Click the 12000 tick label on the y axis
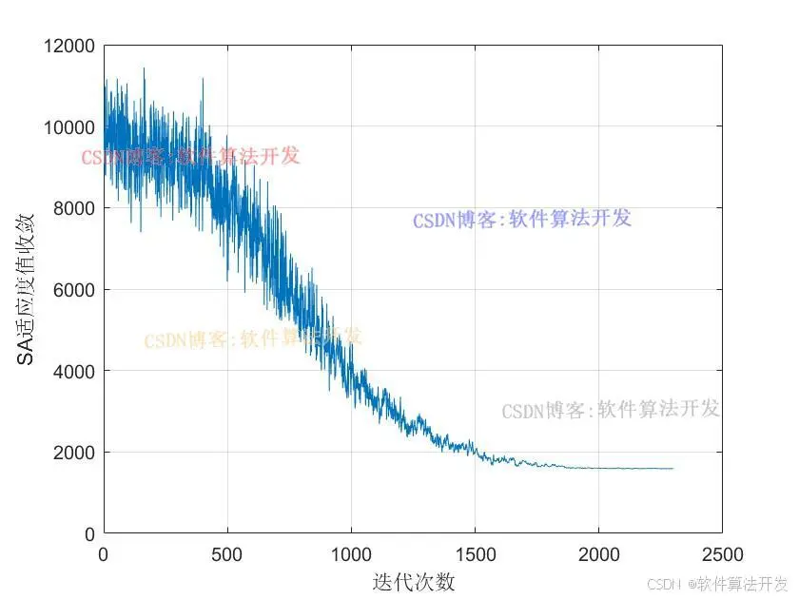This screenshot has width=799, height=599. pyautogui.click(x=69, y=46)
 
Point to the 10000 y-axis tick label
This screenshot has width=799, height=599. pyautogui.click(x=69, y=127)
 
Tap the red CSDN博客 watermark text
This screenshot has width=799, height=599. pyautogui.click(x=190, y=156)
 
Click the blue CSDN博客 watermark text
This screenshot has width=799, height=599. pyautogui.click(x=522, y=220)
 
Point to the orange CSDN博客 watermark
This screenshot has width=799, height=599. pyautogui.click(x=253, y=338)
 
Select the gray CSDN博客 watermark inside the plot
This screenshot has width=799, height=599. pyautogui.click(x=611, y=411)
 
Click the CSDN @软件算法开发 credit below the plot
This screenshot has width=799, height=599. pyautogui.click(x=717, y=583)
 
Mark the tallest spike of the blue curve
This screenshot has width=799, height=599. pyautogui.click(x=144, y=69)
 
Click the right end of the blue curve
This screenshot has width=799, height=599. pyautogui.click(x=672, y=468)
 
